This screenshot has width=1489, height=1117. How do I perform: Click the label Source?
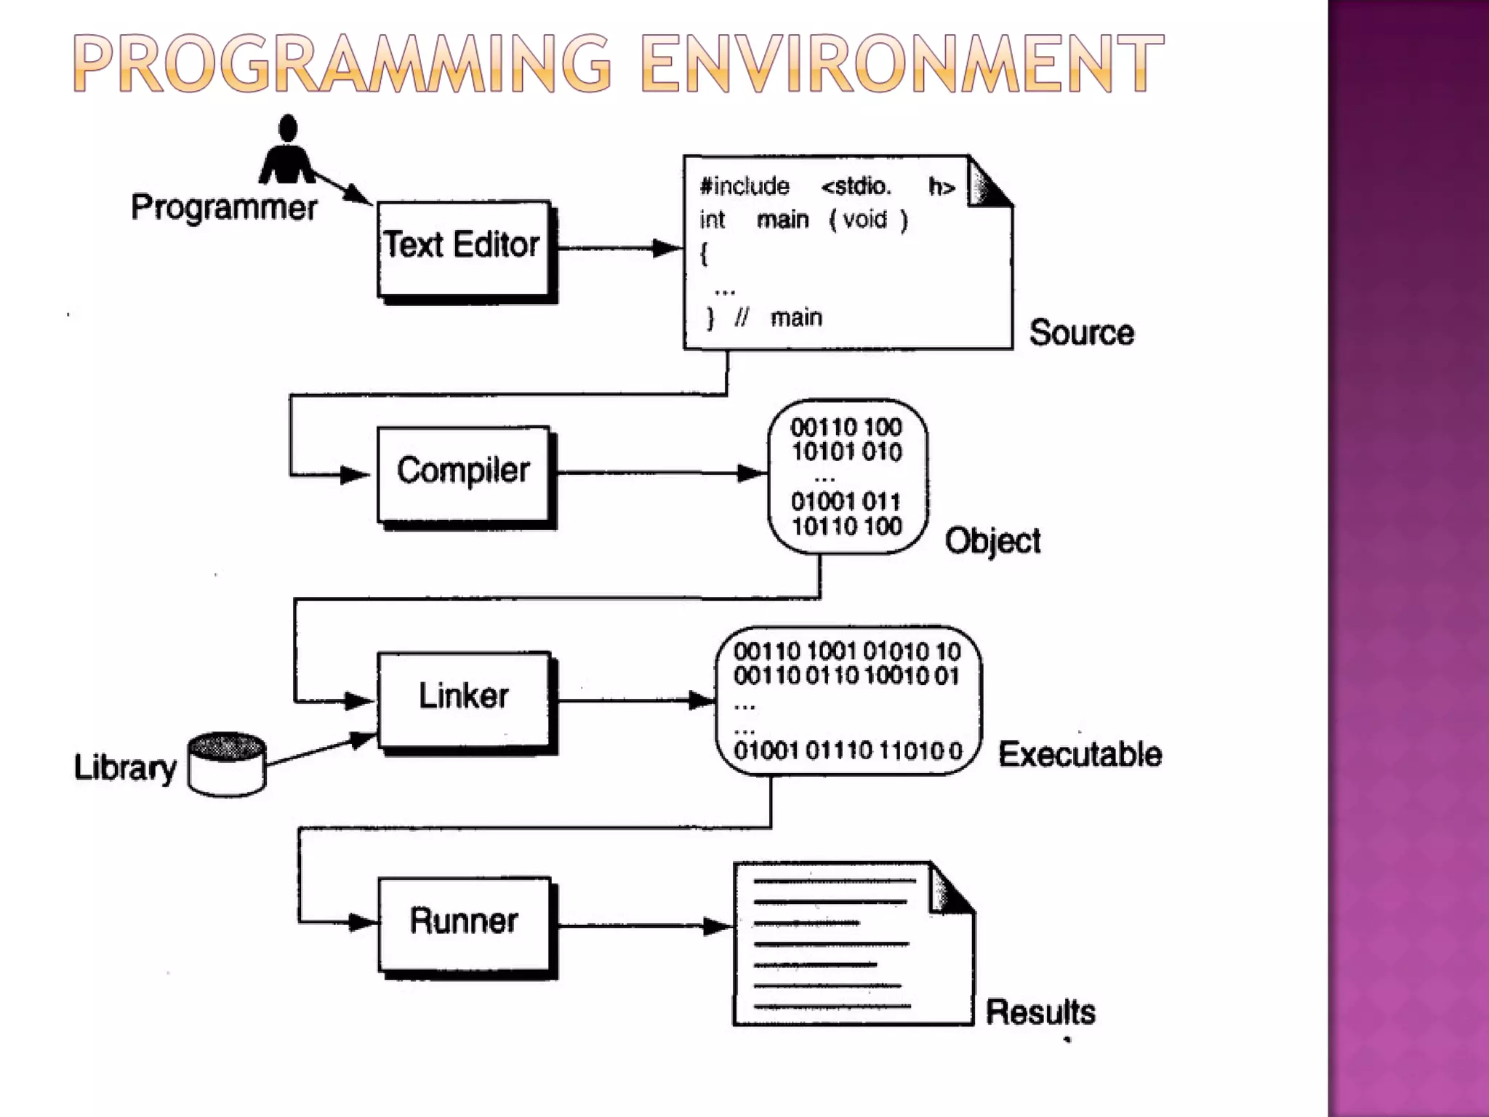point(1081,333)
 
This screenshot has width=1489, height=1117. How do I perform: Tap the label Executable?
point(1080,754)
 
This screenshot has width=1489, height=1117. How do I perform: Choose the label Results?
point(1040,1012)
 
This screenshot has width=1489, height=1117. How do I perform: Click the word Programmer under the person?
point(224,208)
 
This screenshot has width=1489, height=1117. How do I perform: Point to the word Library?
point(125,768)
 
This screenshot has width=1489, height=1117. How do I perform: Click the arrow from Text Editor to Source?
point(618,248)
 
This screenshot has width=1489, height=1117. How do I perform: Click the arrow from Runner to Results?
point(643,926)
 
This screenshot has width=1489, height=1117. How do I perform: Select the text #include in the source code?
point(744,187)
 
